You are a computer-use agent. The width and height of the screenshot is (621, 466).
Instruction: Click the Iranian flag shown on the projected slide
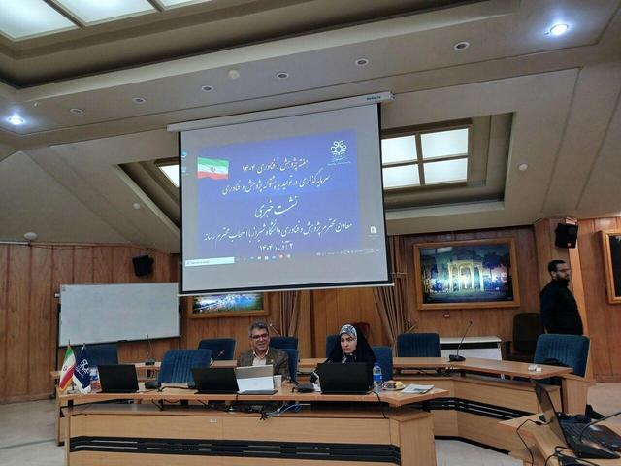click(x=212, y=168)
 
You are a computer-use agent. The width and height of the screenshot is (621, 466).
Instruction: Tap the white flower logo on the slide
click(x=338, y=149)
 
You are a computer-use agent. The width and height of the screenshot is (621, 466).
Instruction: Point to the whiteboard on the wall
click(x=118, y=313)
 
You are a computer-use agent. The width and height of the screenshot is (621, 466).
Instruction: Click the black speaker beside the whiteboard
click(x=143, y=265)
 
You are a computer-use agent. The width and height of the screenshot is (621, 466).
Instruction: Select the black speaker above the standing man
click(x=566, y=235)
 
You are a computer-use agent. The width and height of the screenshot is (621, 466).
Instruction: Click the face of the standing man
click(x=556, y=270)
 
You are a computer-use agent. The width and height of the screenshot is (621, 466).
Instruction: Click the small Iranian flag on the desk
click(x=67, y=369)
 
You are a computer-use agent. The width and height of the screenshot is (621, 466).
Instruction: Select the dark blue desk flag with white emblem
click(x=83, y=369)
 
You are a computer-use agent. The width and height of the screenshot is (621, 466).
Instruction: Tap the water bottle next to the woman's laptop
click(x=376, y=377)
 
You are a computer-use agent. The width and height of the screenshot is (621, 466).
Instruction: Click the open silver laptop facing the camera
click(x=256, y=379)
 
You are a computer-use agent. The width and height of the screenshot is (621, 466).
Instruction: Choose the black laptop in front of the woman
click(x=343, y=378)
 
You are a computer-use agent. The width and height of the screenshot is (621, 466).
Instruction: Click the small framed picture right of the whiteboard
click(x=228, y=304)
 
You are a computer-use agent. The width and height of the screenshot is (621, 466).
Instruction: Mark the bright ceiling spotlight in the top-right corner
click(x=558, y=29)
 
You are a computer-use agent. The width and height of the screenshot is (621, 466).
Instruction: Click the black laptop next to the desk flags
click(x=119, y=378)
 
